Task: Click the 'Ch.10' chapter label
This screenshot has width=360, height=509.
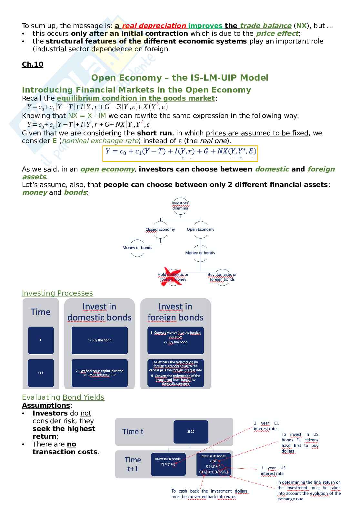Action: click(x=32, y=64)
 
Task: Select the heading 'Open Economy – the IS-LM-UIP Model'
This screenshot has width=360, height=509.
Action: click(x=180, y=78)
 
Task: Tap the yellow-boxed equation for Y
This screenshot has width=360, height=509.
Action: click(x=180, y=153)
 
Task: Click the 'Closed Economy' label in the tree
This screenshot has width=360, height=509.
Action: click(x=160, y=230)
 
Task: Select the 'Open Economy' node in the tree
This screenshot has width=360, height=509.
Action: click(x=200, y=230)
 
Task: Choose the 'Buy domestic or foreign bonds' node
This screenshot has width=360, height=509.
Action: click(x=222, y=277)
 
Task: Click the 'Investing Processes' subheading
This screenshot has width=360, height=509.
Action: click(x=57, y=293)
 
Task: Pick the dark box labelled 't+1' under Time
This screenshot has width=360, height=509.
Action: click(x=41, y=373)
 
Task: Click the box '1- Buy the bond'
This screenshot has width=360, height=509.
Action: click(x=99, y=340)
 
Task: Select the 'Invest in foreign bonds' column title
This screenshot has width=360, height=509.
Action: click(x=175, y=312)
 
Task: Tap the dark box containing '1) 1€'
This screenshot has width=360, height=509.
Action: click(x=191, y=432)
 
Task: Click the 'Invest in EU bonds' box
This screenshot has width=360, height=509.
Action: click(x=168, y=464)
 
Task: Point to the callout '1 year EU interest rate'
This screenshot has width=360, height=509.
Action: click(x=266, y=426)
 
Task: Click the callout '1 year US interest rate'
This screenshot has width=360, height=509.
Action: click(x=273, y=471)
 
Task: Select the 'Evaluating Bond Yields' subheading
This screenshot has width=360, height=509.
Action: click(x=63, y=397)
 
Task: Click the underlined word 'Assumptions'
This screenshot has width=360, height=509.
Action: click(x=46, y=406)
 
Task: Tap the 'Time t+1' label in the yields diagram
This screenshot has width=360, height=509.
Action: click(x=133, y=464)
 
